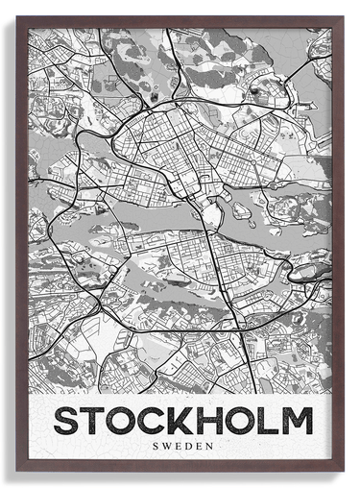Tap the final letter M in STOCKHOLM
click(x=297, y=421)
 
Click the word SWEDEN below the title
click(x=181, y=446)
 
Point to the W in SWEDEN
click(x=166, y=446)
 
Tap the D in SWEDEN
click(x=187, y=446)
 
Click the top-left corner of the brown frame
click(x=17, y=17)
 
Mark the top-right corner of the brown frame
click(x=342, y=17)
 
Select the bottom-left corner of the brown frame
click(x=17, y=470)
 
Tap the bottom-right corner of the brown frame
click(x=342, y=470)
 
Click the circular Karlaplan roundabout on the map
click(x=252, y=134)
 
